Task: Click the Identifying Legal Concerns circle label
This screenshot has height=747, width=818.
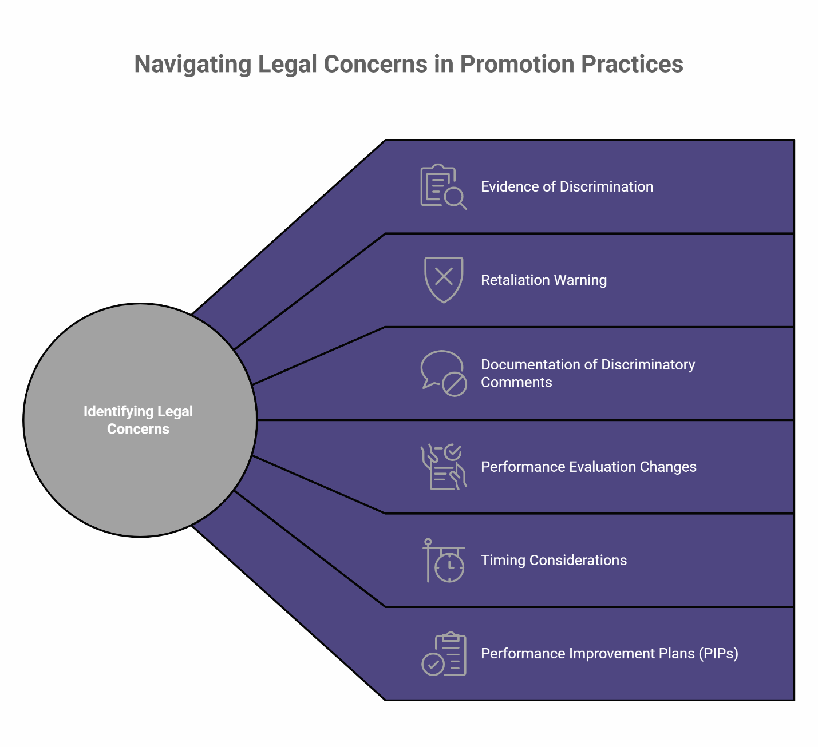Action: pos(139,420)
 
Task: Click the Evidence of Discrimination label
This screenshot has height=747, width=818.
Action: pos(567,186)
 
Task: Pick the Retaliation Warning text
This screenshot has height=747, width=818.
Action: pos(544,280)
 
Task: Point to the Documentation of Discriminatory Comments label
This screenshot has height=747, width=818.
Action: pos(588,373)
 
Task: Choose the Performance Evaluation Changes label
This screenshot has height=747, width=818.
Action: pos(588,467)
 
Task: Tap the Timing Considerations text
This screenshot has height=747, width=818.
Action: pos(554,560)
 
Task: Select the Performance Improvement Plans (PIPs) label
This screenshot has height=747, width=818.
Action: pos(610,653)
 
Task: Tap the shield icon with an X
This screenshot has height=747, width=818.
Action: pos(444,279)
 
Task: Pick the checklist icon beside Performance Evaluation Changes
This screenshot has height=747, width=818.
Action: pos(444,467)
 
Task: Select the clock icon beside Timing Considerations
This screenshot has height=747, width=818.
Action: pos(445,561)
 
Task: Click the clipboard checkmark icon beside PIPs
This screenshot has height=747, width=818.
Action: pos(444,654)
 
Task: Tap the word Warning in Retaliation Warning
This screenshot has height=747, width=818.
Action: pos(580,280)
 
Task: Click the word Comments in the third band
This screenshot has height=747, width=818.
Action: pos(516,382)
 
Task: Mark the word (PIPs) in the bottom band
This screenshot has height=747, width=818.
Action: pos(718,653)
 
